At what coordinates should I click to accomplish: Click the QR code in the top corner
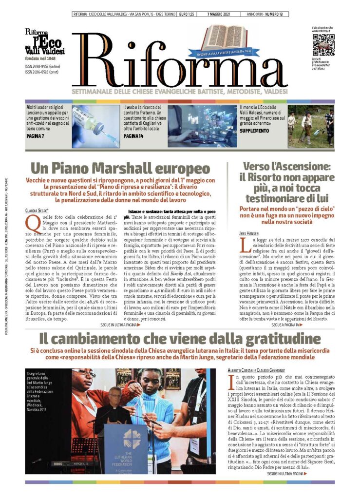point(323,45)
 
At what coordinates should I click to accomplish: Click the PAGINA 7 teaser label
point(37,137)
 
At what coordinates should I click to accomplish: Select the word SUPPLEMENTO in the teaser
point(253,131)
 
